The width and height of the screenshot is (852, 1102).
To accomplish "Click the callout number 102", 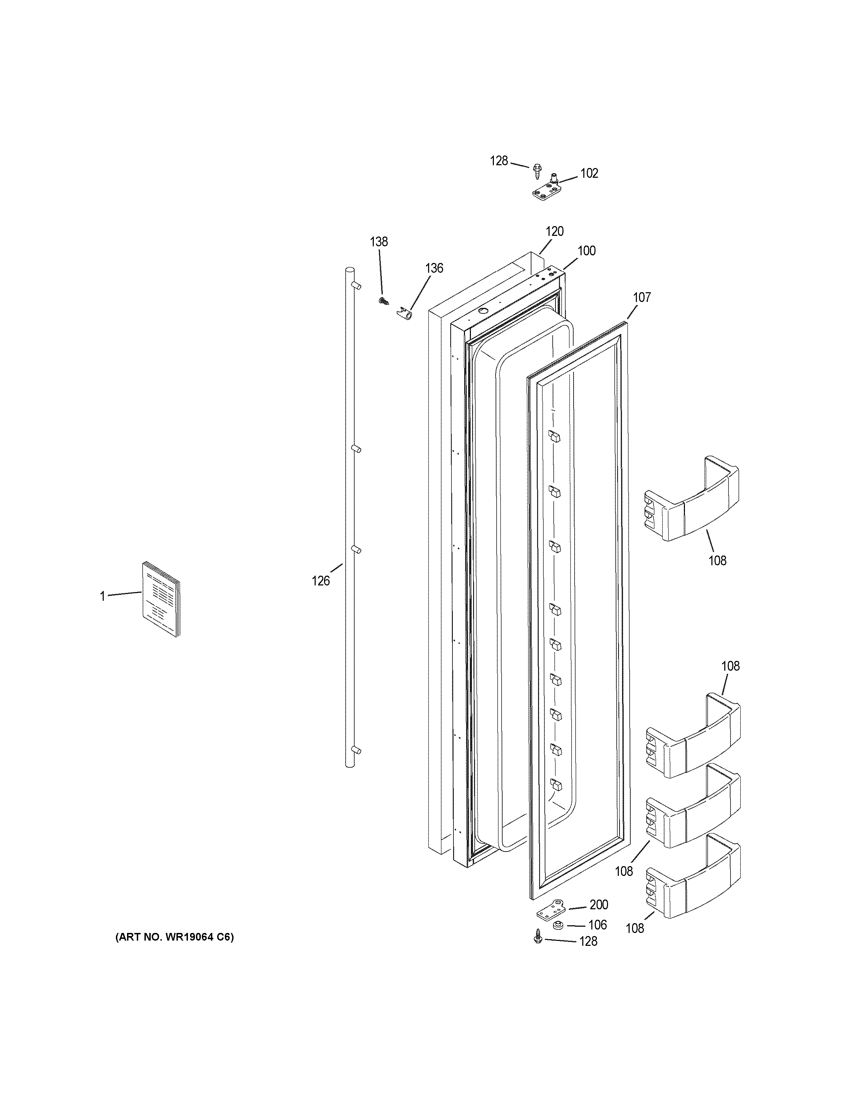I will pyautogui.click(x=589, y=174).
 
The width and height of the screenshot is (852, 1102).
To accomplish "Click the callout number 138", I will pyautogui.click(x=379, y=242).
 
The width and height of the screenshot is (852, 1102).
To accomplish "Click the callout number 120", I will pyautogui.click(x=554, y=232).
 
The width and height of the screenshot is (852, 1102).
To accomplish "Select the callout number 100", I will pyautogui.click(x=586, y=251).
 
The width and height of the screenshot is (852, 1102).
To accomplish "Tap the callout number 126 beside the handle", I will pyautogui.click(x=321, y=581).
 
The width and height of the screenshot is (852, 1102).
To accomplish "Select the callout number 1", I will pyautogui.click(x=102, y=597).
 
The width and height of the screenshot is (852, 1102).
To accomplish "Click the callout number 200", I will pyautogui.click(x=599, y=905).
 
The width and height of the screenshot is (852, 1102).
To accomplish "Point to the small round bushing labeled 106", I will pyautogui.click(x=558, y=925).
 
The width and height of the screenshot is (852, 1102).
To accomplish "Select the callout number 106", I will pyautogui.click(x=597, y=925).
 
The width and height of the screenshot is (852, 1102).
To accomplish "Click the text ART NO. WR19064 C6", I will pyautogui.click(x=175, y=937).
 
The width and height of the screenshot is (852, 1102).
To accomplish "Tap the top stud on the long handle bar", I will pyautogui.click(x=357, y=286).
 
